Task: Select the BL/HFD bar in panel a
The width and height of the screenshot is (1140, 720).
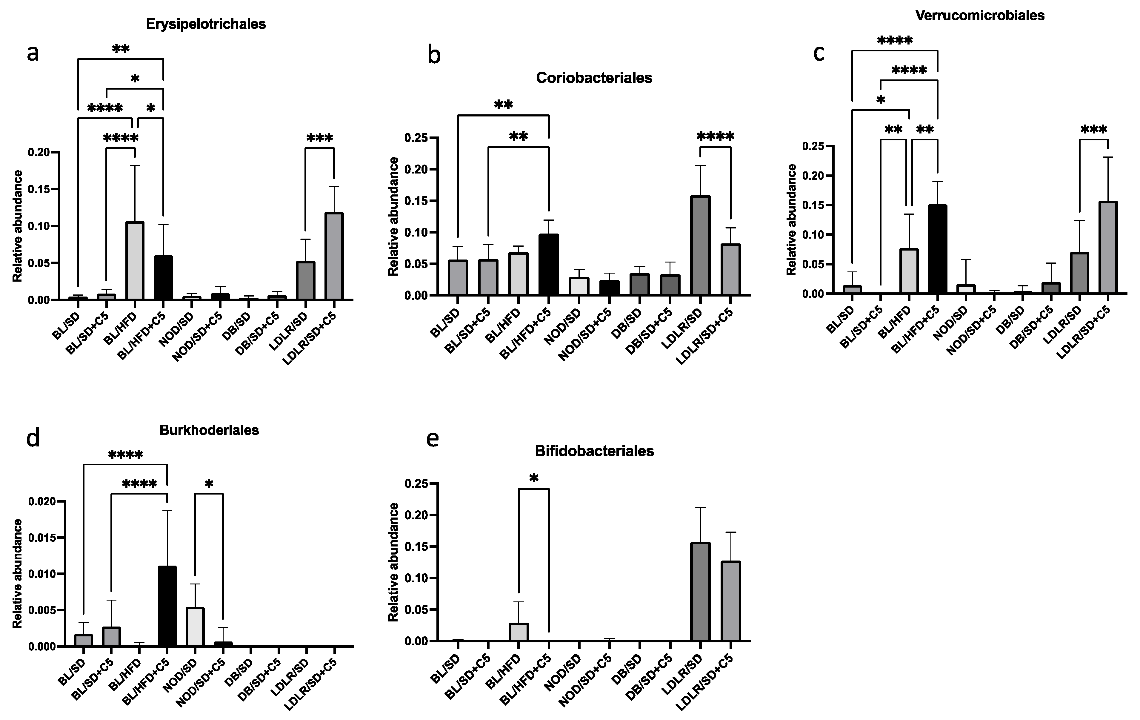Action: pos(135,260)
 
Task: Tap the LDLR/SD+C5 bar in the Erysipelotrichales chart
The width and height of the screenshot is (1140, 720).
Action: pos(334,256)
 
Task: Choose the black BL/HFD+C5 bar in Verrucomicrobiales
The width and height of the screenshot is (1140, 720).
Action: pos(937,249)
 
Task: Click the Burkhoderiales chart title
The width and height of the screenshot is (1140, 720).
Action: pos(209,430)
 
